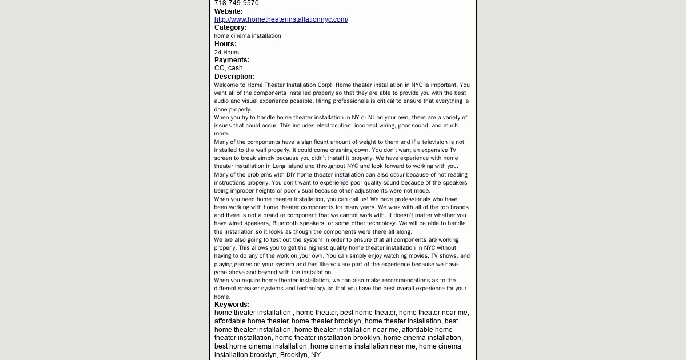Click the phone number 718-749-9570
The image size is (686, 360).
[236, 3]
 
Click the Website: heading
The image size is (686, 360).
[228, 11]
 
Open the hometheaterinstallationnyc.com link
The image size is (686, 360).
[281, 19]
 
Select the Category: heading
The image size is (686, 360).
[230, 27]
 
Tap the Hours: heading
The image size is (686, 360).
[225, 44]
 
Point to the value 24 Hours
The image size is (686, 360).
[226, 52]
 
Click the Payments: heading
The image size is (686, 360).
[232, 60]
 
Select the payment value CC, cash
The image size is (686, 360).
[228, 68]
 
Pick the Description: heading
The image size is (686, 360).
[234, 77]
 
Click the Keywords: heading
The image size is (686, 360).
[232, 305]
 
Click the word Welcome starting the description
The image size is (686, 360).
[226, 85]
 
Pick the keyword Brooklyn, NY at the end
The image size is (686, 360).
[300, 355]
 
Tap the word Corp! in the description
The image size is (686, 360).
[324, 85]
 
